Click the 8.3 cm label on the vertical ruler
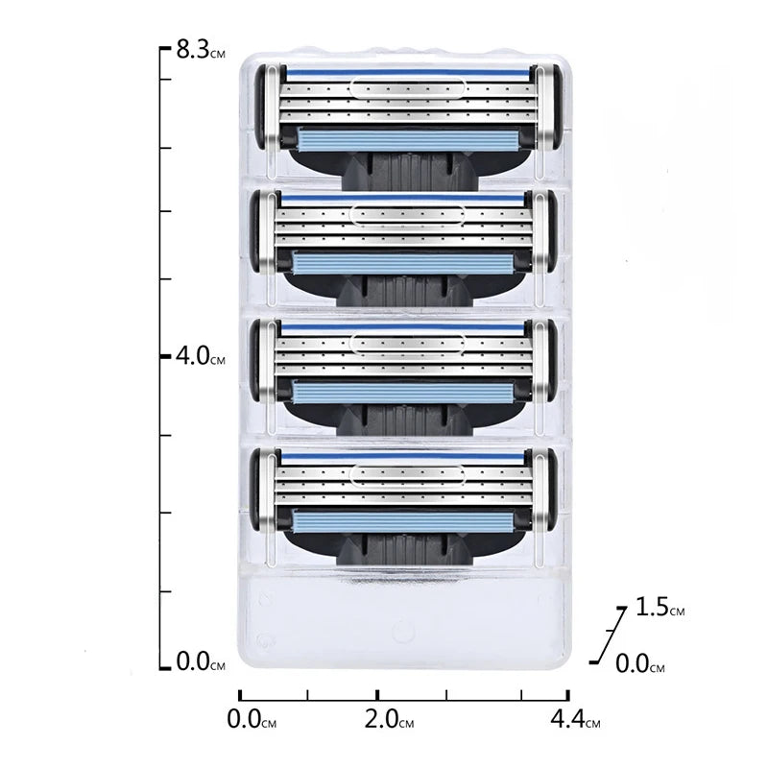click(201, 50)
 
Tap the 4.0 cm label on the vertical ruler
click(201, 355)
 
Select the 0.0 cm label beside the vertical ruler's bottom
click(201, 661)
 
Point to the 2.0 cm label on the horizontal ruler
click(389, 719)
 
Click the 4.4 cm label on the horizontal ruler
click(575, 719)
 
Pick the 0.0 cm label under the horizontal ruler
click(252, 719)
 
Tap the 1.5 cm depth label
click(660, 608)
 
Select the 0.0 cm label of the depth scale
click(639, 664)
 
